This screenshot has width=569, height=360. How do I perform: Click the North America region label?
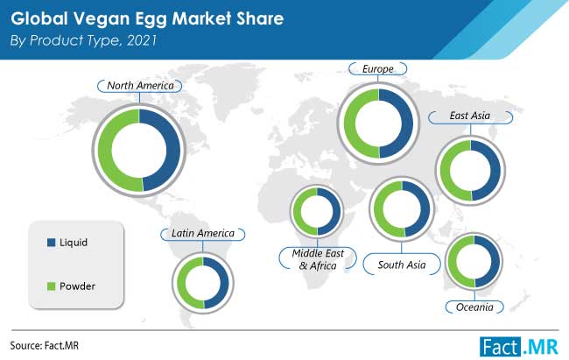(140, 86)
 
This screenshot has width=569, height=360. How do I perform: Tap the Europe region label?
(378, 68)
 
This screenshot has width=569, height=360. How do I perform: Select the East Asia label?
(470, 116)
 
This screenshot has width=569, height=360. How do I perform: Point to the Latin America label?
(203, 233)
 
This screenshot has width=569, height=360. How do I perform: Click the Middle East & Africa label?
(318, 259)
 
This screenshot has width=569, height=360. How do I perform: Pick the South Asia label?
(402, 265)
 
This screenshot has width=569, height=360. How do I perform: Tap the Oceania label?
(474, 307)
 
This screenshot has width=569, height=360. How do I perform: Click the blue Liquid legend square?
(51, 243)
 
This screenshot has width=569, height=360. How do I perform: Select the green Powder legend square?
(51, 286)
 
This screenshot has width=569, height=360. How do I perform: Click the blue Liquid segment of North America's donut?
(173, 150)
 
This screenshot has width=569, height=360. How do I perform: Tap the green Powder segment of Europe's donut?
(350, 124)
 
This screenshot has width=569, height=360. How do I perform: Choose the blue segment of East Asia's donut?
(495, 170)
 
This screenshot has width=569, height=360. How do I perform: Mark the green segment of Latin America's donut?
(181, 283)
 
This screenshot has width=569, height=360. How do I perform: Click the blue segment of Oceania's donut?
(495, 261)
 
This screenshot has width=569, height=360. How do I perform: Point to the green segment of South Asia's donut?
(379, 209)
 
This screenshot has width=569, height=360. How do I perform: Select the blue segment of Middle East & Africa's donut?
(336, 211)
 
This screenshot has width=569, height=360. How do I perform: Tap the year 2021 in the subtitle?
(142, 40)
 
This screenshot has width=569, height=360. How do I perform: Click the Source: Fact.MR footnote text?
(45, 345)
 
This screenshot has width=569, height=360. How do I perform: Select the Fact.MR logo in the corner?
(519, 347)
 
